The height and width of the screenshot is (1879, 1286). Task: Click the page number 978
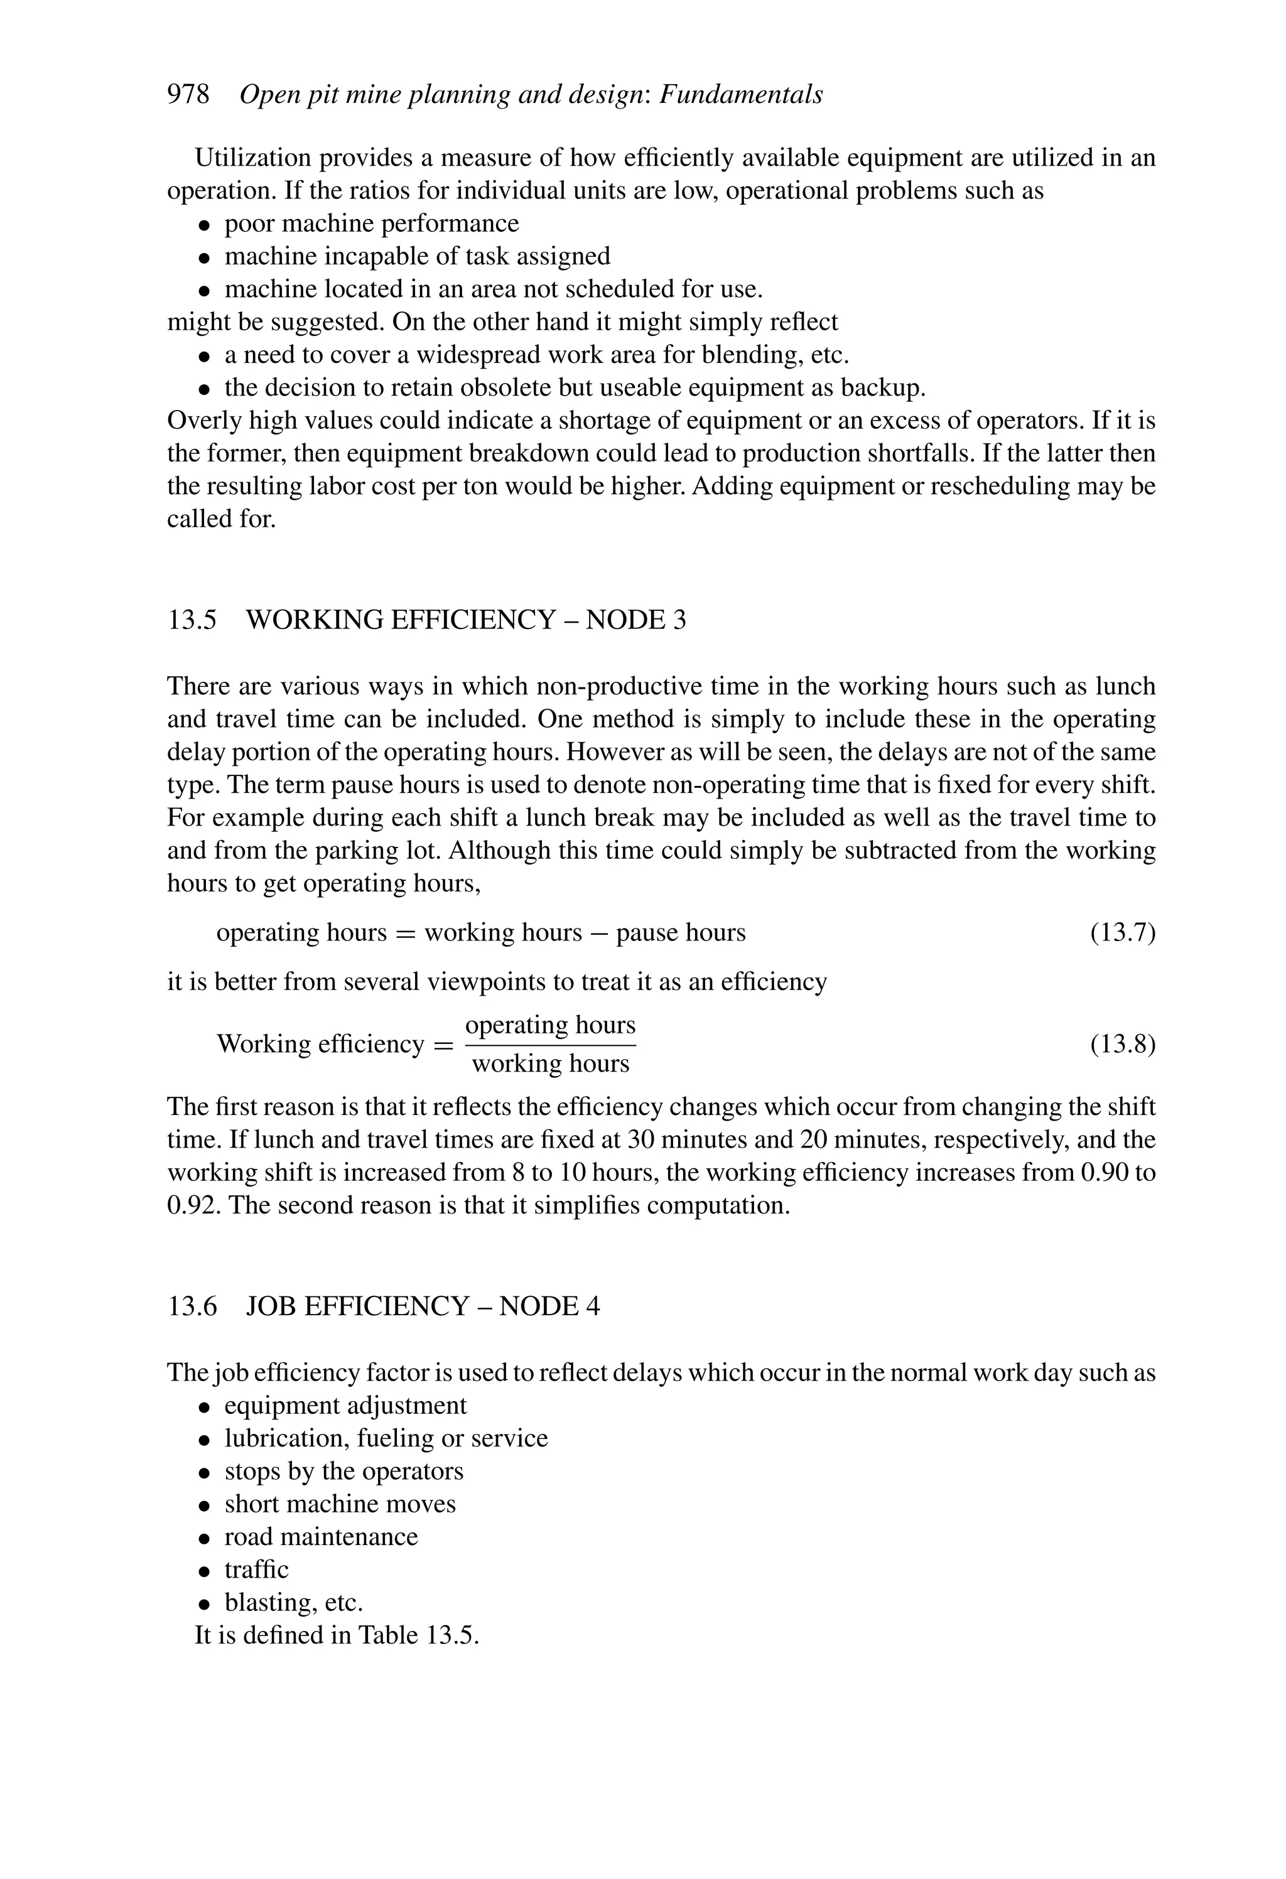(188, 95)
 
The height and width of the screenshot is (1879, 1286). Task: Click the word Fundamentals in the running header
(741, 95)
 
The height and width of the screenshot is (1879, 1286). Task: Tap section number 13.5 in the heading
(192, 620)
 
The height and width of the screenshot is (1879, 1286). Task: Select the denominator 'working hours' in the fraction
(550, 1063)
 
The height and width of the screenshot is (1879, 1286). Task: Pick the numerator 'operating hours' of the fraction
(550, 1025)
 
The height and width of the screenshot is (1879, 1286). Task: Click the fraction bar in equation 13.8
(550, 1045)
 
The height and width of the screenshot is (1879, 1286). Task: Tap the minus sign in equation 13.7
(598, 933)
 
